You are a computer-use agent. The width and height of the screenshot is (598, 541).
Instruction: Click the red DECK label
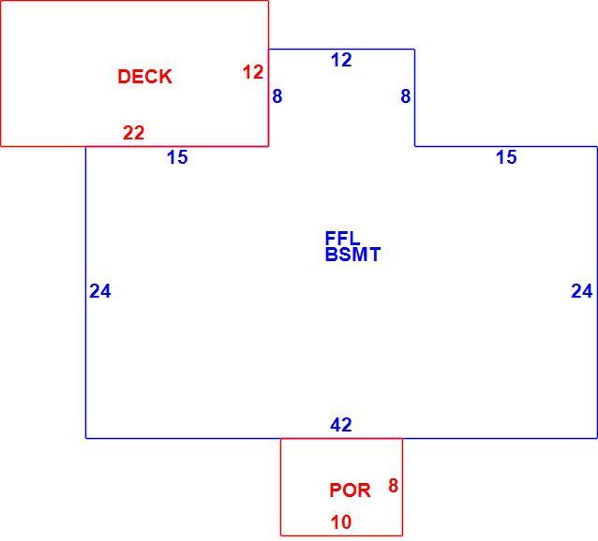[x=145, y=77]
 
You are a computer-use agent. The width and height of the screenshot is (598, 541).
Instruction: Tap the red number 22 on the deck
[x=133, y=133]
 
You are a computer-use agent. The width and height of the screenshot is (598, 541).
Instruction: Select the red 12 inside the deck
[x=253, y=72]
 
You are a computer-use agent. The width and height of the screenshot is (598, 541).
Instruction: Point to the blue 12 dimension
[x=341, y=60]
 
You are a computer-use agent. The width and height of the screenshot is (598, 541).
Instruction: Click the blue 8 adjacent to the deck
[x=277, y=96]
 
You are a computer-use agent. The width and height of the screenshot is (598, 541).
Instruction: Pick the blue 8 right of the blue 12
[x=406, y=96]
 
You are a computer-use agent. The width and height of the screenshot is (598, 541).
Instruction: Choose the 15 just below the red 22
[x=177, y=157]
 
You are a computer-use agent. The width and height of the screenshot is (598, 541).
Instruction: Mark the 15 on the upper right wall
[x=506, y=157]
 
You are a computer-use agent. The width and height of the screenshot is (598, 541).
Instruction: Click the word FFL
[x=342, y=239]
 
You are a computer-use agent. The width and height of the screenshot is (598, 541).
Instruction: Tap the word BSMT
[x=352, y=255]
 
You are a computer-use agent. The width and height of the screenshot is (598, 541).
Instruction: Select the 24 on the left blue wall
[x=100, y=291]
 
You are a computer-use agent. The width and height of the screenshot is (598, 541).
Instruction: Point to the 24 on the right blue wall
[x=582, y=291]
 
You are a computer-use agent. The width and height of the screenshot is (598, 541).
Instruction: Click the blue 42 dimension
[x=341, y=425]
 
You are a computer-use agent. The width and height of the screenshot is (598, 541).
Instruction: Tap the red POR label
[x=350, y=490]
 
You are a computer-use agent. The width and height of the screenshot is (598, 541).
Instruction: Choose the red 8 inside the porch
[x=394, y=486]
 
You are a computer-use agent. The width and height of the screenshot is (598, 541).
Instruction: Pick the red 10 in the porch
[x=341, y=522]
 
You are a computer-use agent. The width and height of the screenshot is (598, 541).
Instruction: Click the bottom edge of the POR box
[x=342, y=535]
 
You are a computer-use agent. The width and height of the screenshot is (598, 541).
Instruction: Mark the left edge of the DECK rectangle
[x=1, y=73]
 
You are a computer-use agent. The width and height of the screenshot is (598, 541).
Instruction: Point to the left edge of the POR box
[x=281, y=487]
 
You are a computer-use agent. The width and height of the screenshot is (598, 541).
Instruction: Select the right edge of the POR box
[x=402, y=487]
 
